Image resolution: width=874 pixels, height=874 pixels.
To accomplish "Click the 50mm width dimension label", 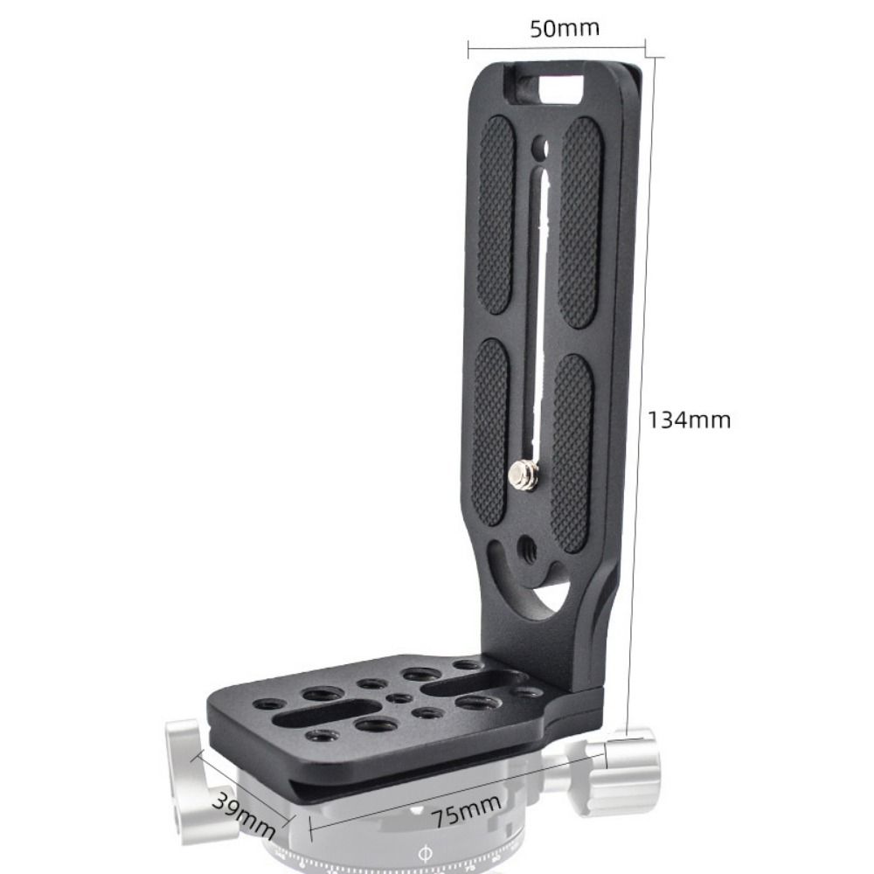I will (x=565, y=28).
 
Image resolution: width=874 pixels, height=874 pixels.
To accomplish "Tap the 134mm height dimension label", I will (x=689, y=420).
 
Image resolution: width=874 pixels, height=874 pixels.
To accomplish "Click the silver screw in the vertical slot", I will (x=524, y=475).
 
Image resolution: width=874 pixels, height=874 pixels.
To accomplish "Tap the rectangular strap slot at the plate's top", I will (x=550, y=87).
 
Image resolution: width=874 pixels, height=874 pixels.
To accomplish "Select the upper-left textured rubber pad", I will (x=496, y=214).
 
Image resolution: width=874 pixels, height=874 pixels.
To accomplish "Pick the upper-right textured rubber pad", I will (x=581, y=222).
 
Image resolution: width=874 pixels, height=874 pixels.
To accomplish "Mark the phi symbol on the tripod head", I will (x=425, y=850).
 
